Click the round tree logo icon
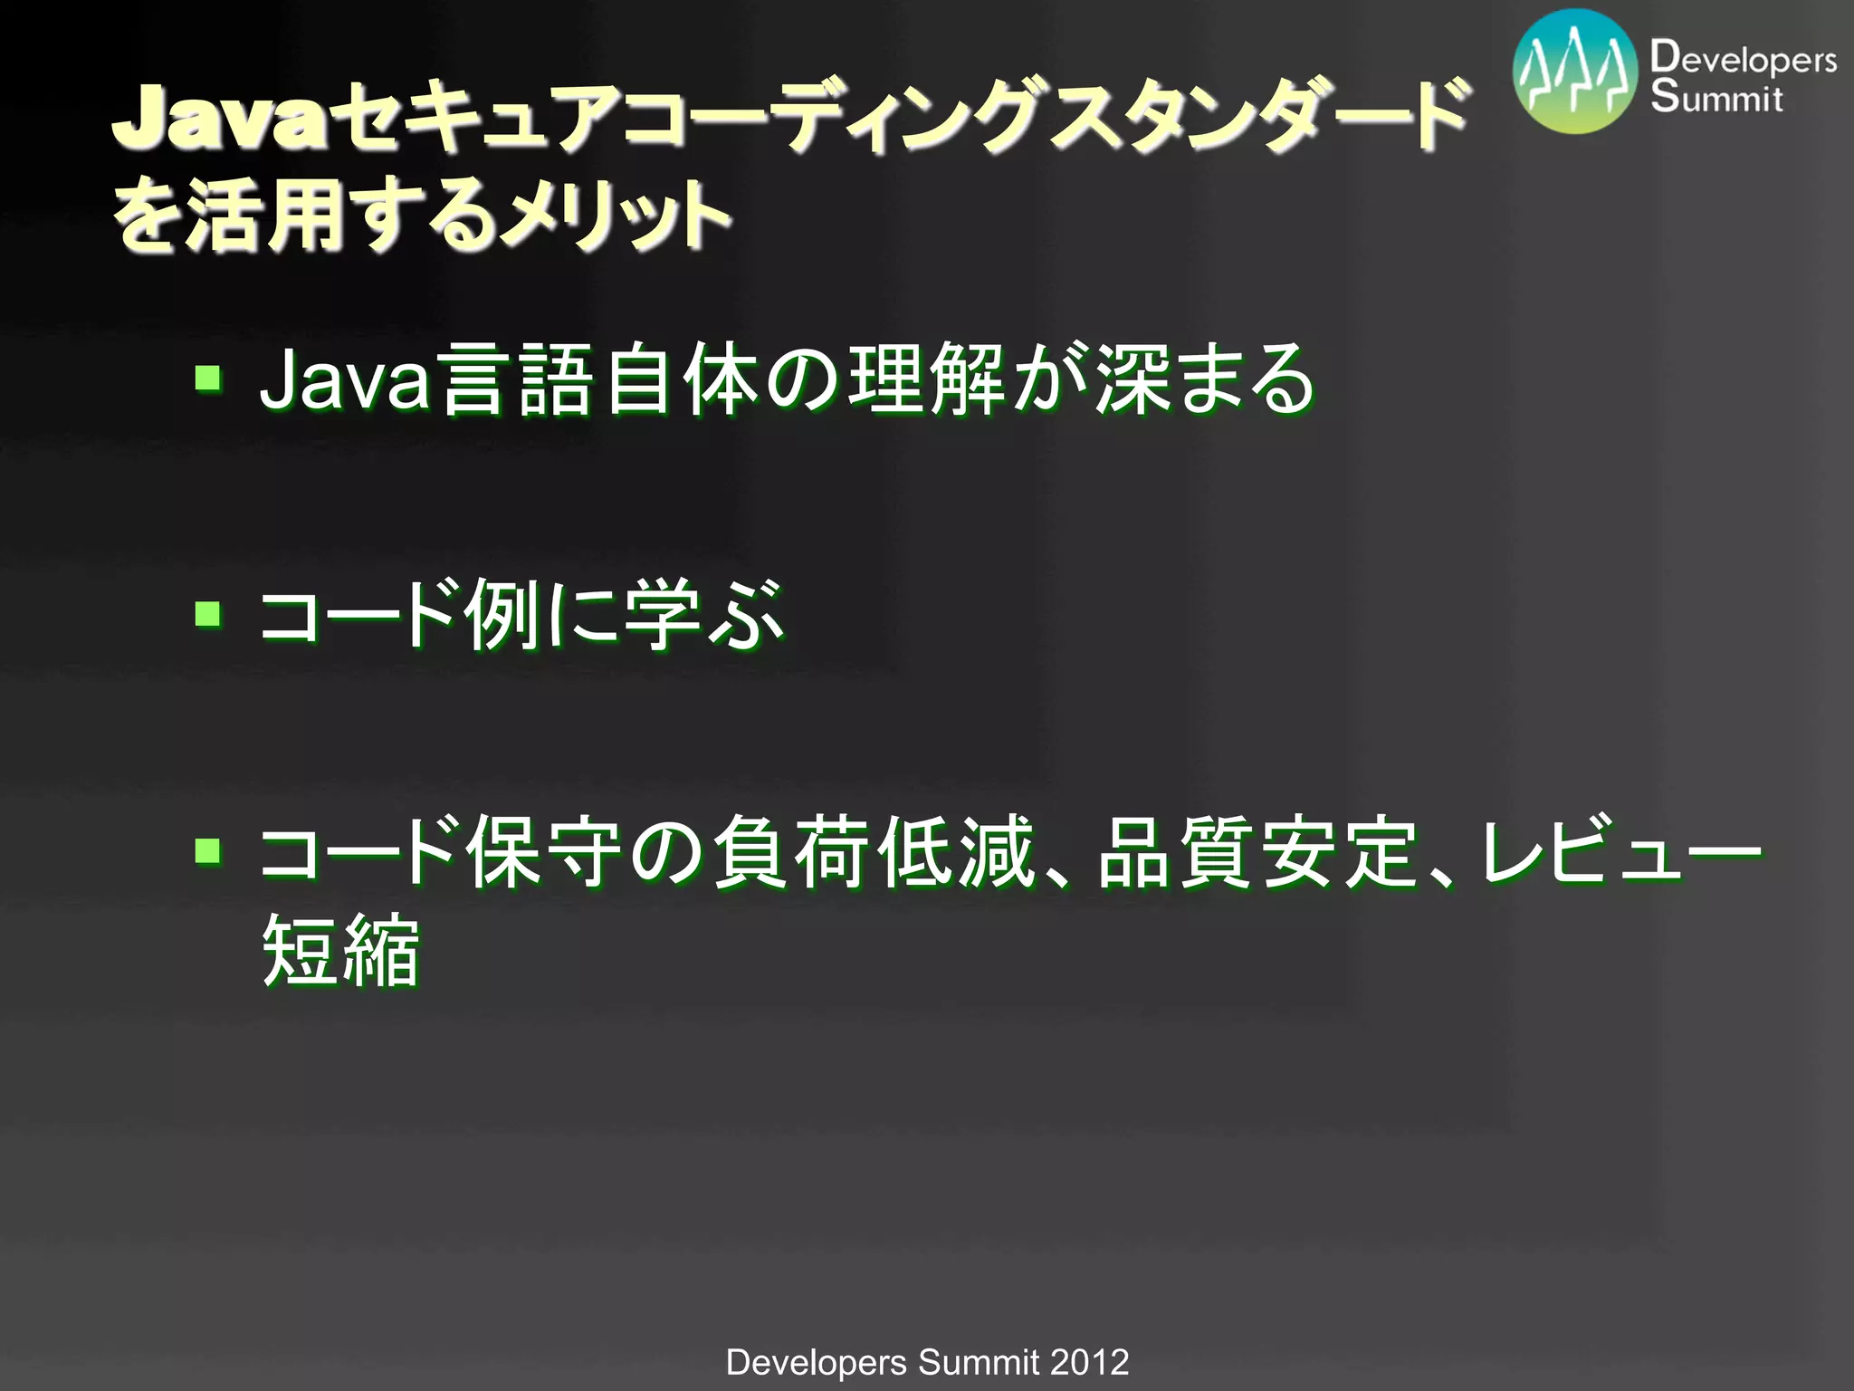(1576, 72)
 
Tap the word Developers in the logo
(1743, 59)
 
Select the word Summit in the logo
(1716, 97)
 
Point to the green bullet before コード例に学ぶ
(208, 614)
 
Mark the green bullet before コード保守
(208, 850)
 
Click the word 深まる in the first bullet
(1204, 380)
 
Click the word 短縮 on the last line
(340, 951)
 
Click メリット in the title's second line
(616, 217)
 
